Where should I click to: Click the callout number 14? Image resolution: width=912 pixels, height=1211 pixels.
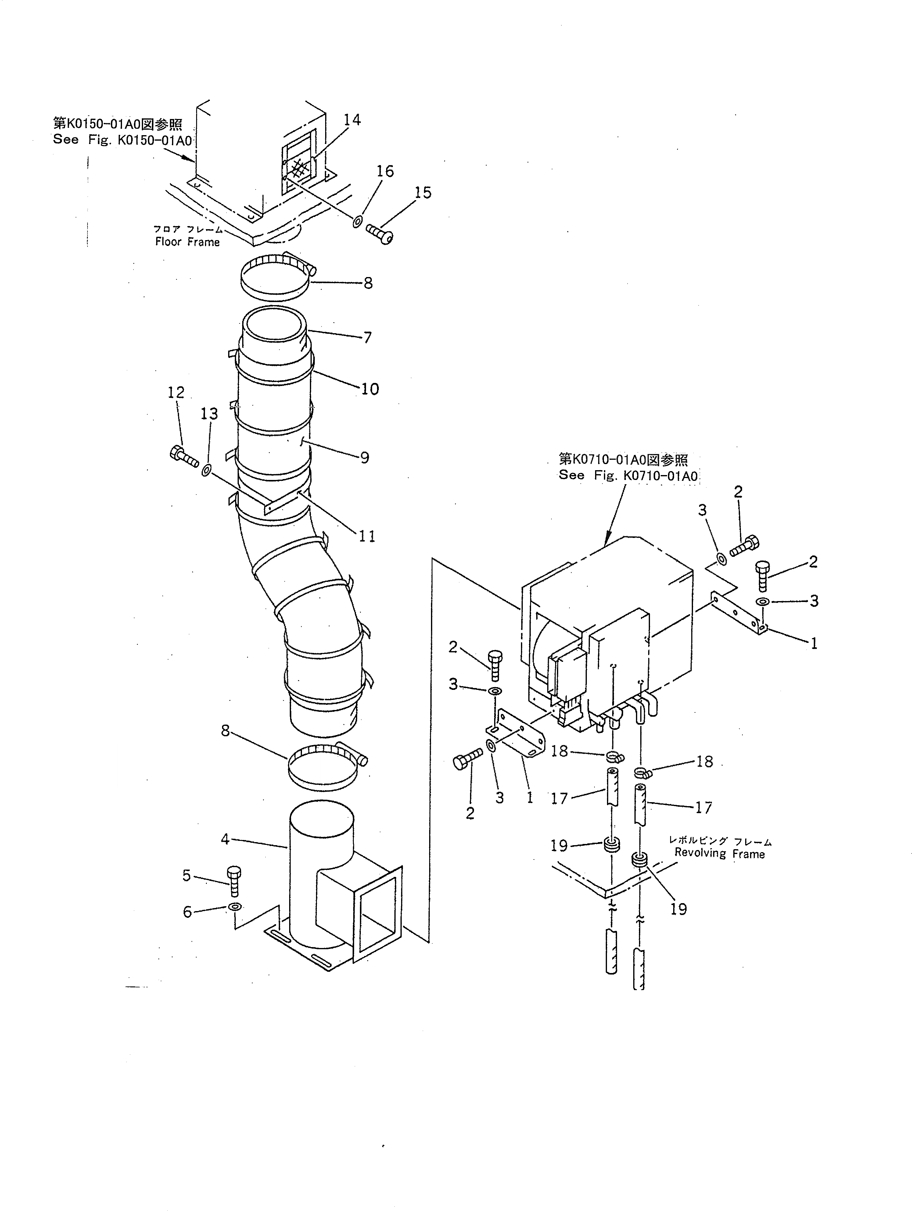[x=352, y=120]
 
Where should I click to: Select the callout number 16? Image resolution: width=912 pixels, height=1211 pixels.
[x=385, y=171]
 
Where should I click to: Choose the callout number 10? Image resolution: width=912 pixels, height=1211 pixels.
[x=370, y=389]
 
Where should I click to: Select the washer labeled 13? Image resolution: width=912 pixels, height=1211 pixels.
[x=206, y=470]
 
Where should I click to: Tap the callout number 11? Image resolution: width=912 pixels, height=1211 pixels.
[x=367, y=536]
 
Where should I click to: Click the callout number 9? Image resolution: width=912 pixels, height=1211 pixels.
[x=364, y=458]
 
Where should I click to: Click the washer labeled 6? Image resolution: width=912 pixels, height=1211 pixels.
[x=234, y=906]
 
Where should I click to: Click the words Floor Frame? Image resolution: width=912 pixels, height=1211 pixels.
[x=187, y=242]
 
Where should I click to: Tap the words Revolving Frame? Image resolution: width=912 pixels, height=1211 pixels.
[x=719, y=853]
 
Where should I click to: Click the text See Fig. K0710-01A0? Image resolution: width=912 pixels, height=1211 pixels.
[x=628, y=476]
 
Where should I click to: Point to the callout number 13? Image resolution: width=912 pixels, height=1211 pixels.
[x=209, y=414]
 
